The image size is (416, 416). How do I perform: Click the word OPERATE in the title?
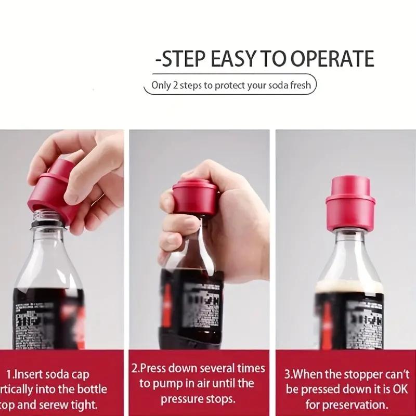332,59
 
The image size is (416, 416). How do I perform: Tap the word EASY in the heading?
236,59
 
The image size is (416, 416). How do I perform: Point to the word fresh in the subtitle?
301,85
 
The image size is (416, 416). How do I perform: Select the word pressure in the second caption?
181,399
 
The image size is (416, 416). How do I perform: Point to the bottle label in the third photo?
349,322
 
